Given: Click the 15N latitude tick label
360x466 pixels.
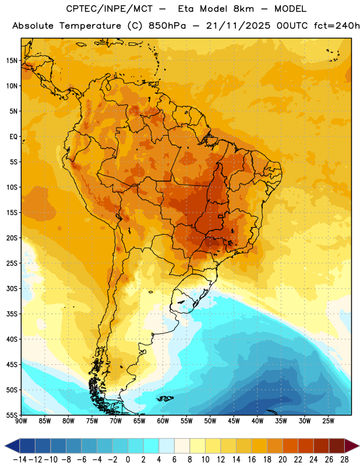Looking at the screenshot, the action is click(x=12, y=61).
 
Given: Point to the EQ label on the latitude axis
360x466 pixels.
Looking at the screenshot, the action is click(x=13, y=137).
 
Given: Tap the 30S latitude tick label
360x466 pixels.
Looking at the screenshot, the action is click(x=12, y=288).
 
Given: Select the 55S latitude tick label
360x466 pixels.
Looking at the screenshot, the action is click(x=12, y=415).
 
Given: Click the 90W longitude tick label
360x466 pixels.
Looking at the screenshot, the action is click(x=22, y=421).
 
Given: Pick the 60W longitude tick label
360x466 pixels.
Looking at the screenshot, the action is click(x=163, y=421).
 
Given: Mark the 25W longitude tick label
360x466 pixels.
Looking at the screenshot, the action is click(x=328, y=421).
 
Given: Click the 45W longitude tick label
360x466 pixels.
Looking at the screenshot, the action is click(x=234, y=421).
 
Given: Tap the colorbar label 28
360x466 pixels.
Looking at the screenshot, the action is click(x=344, y=460).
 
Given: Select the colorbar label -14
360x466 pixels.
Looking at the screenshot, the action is click(x=20, y=460).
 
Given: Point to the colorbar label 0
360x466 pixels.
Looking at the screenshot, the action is click(x=128, y=460).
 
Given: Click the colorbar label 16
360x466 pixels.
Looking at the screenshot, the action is click(x=252, y=460).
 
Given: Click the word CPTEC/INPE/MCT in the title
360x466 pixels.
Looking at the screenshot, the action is click(x=109, y=9).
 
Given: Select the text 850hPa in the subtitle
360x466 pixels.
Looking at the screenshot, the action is click(x=167, y=26).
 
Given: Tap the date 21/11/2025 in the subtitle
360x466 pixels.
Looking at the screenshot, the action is click(x=238, y=26).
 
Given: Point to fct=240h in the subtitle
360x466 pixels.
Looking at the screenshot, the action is click(x=337, y=26).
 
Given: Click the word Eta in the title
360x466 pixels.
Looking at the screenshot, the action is click(x=186, y=9).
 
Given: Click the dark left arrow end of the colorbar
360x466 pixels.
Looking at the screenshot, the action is click(x=12, y=446).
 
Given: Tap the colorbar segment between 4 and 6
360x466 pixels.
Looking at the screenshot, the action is click(x=167, y=446).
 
